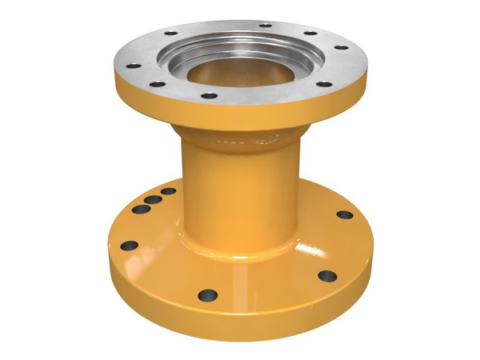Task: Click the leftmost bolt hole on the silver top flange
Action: (x=134, y=66)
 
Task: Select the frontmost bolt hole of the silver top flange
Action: (x=209, y=96)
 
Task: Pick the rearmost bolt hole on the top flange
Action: (x=264, y=26)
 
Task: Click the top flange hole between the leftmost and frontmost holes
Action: (x=158, y=84)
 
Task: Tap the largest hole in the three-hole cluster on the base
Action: (x=141, y=210)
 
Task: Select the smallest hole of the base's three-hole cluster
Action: (x=168, y=192)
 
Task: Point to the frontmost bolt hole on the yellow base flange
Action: (x=208, y=294)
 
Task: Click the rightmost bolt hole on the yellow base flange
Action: (x=344, y=214)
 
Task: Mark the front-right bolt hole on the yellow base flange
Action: (x=327, y=276)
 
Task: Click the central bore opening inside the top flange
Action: (x=240, y=72)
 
